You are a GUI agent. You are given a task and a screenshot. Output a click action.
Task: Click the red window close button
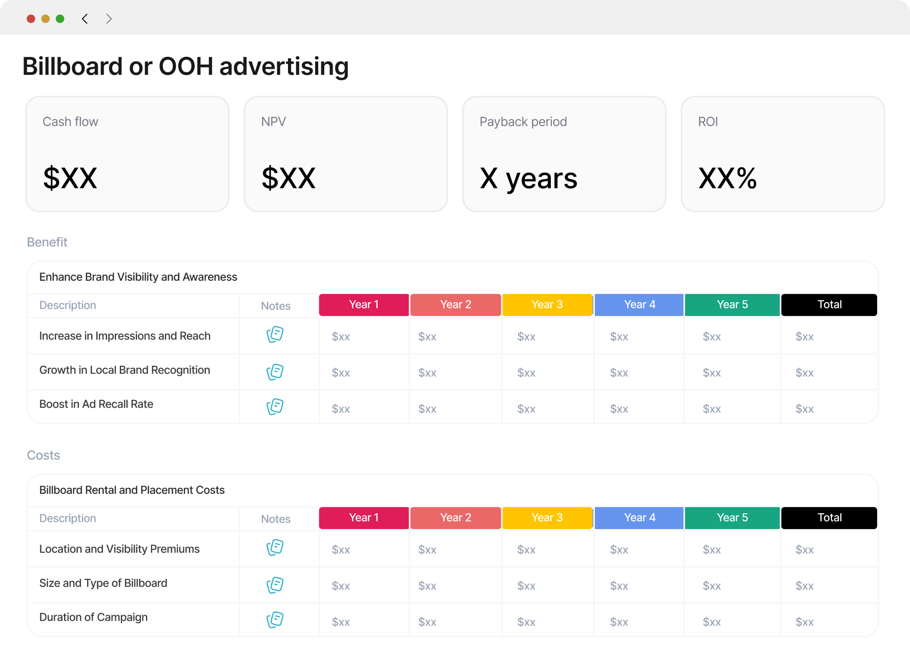[x=31, y=19]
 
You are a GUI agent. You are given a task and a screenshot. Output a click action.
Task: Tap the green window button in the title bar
[x=60, y=19]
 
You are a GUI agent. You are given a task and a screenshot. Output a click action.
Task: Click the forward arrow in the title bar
[x=109, y=19]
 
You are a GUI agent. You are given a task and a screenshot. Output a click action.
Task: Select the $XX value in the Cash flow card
[x=70, y=178]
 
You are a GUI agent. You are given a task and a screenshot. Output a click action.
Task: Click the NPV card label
[x=274, y=122]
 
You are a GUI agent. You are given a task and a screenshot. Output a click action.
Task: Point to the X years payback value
[x=528, y=179]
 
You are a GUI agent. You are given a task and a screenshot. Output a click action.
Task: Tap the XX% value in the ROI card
[x=728, y=178]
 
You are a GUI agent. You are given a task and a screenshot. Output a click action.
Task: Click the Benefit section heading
[x=47, y=242]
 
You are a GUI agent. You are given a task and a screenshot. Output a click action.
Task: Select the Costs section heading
[x=44, y=455]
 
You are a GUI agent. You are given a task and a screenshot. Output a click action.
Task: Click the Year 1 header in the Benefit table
[x=364, y=305]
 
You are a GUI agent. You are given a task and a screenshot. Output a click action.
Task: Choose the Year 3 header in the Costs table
[x=547, y=518]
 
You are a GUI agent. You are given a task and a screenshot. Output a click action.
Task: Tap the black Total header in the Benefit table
[x=829, y=305]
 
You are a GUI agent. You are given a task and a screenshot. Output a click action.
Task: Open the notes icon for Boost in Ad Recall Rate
[x=275, y=407]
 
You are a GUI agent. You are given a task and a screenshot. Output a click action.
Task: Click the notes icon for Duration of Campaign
[x=275, y=620]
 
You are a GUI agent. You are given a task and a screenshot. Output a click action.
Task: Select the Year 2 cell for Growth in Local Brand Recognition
[x=427, y=373]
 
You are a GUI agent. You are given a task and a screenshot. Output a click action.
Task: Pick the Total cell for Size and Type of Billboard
[x=804, y=586]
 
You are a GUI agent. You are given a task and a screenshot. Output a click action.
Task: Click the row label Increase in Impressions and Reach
[x=125, y=336]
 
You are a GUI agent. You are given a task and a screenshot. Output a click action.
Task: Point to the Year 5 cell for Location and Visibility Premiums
[x=712, y=550]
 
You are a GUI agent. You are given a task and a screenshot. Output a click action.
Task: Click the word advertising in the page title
[x=284, y=67]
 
